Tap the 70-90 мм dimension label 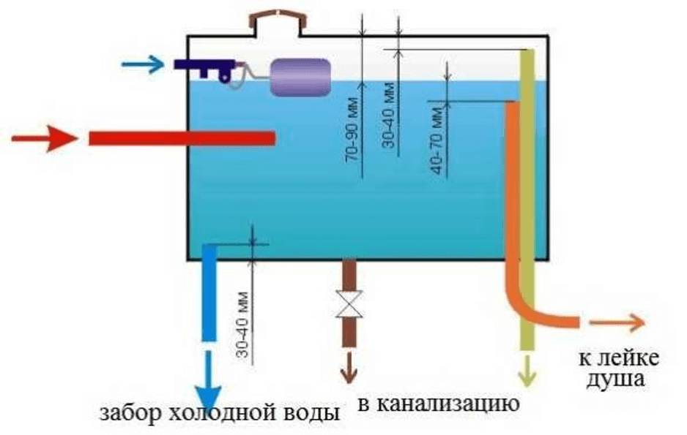[354, 128]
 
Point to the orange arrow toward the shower [618, 322]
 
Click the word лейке [631, 358]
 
